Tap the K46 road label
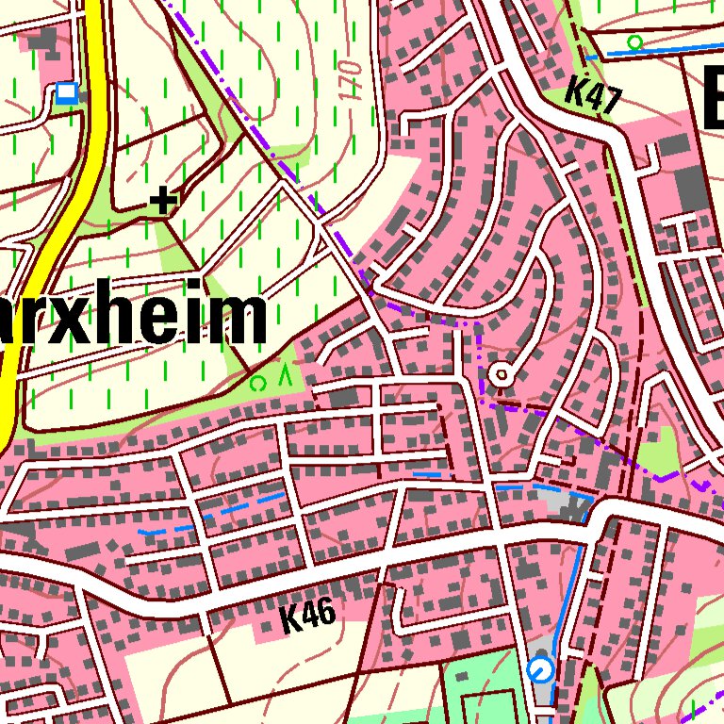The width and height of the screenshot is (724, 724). (307, 617)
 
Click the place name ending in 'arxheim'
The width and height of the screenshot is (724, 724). (132, 319)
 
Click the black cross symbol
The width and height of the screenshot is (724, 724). (164, 200)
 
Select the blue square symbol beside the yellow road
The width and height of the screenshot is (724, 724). (66, 92)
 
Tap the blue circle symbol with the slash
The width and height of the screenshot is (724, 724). (541, 670)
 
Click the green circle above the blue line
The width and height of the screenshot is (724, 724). (635, 41)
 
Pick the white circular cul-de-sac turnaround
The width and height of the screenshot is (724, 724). (502, 376)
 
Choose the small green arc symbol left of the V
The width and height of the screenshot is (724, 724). (256, 383)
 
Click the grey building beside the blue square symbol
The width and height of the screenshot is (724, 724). (42, 41)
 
